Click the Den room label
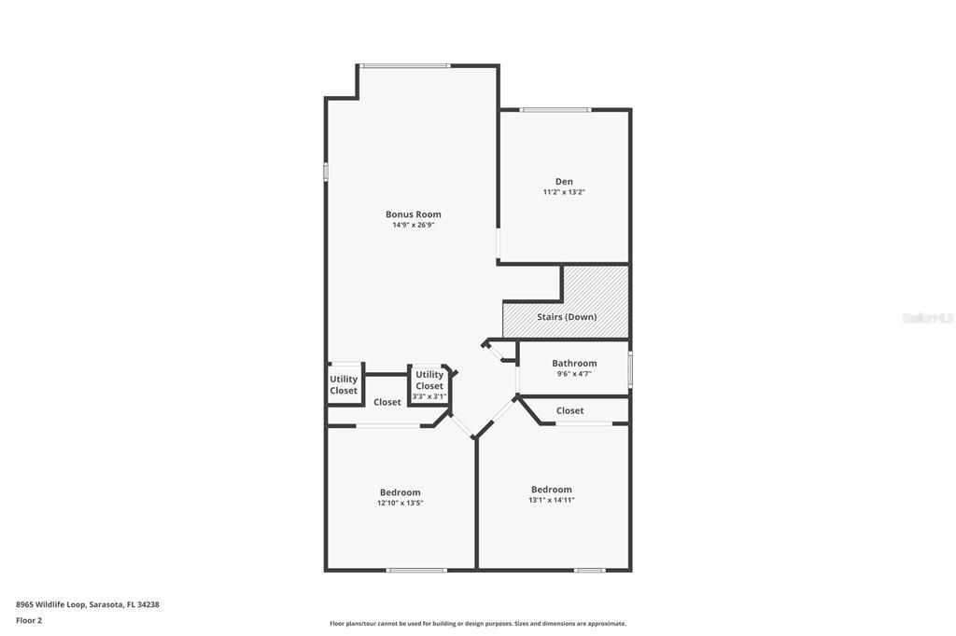(x=564, y=181)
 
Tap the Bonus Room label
(x=414, y=214)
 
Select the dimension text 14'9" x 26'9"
(x=414, y=225)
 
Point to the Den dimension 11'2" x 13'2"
(x=564, y=192)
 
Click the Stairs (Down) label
(x=567, y=317)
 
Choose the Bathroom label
(x=574, y=363)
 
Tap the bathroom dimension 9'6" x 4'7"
(x=574, y=374)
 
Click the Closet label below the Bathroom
(x=569, y=410)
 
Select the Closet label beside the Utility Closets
(x=387, y=402)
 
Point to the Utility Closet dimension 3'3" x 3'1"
(x=429, y=396)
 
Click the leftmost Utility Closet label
(x=344, y=385)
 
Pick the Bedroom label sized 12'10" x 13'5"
(x=400, y=492)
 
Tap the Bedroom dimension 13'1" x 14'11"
(x=551, y=500)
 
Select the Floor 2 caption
(x=29, y=619)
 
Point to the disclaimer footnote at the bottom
(x=478, y=624)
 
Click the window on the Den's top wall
(x=555, y=110)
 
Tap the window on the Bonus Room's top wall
(x=405, y=65)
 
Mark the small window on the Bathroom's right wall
(x=630, y=369)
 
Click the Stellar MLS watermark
(x=927, y=318)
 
